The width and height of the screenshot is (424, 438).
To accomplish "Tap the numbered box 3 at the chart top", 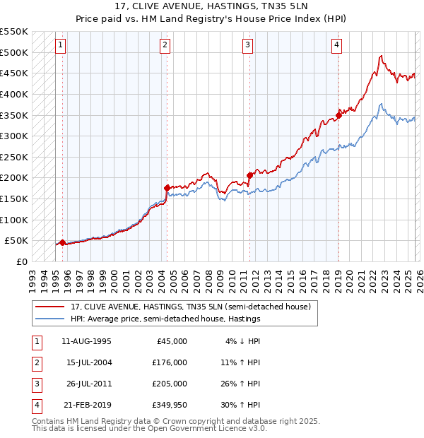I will point(249,45).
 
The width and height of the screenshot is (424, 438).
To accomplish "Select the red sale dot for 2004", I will point(167,188).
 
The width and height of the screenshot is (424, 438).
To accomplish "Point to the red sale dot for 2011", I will point(249,175).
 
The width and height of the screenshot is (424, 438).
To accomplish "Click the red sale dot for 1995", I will point(62,242).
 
